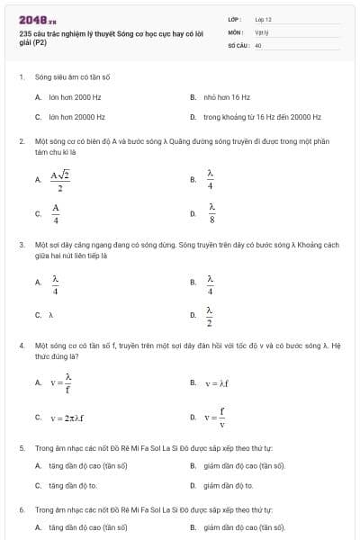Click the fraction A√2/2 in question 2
tap(60, 181)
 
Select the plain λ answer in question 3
tap(51, 315)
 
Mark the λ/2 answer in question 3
tap(210, 316)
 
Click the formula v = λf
tap(218, 383)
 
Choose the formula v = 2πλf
tap(67, 418)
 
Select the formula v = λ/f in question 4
tap(60, 383)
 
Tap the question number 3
tap(22, 244)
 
